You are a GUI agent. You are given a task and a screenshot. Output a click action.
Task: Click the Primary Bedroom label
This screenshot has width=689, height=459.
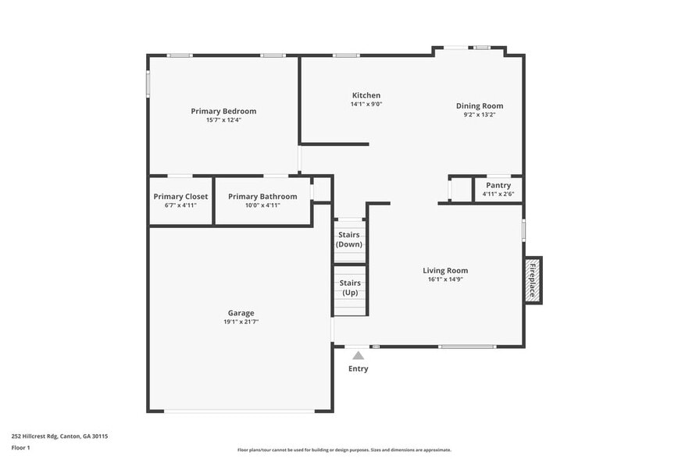pyautogui.click(x=223, y=111)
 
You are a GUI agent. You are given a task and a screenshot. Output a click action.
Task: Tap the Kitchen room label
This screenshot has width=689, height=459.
pyautogui.click(x=366, y=95)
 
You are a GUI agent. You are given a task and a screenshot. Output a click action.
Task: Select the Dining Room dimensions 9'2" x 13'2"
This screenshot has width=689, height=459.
pyautogui.click(x=480, y=115)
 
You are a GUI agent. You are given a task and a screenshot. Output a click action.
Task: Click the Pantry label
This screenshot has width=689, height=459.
pyautogui.click(x=498, y=185)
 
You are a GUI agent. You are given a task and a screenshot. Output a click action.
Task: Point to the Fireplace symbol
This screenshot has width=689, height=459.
pyautogui.click(x=533, y=280)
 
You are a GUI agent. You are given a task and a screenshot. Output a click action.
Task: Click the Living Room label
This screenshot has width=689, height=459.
pyautogui.click(x=445, y=271)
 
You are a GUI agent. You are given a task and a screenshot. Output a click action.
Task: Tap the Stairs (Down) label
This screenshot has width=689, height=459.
pyautogui.click(x=349, y=239)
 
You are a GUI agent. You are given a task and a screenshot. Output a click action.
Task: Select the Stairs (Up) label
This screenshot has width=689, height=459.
pyautogui.click(x=349, y=287)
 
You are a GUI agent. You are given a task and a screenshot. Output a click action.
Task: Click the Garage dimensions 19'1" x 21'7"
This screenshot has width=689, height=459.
pyautogui.click(x=241, y=322)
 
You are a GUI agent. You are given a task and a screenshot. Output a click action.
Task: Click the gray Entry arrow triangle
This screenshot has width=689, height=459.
pyautogui.click(x=358, y=355)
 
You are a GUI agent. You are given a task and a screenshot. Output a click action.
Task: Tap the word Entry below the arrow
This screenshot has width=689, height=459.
pyautogui.click(x=358, y=368)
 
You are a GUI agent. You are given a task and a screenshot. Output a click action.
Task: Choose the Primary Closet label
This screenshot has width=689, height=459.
pyautogui.click(x=180, y=197)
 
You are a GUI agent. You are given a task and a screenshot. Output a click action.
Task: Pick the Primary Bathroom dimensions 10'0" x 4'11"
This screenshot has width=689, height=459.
pyautogui.click(x=262, y=205)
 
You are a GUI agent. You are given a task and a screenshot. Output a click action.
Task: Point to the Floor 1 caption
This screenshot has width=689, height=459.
pyautogui.click(x=20, y=447)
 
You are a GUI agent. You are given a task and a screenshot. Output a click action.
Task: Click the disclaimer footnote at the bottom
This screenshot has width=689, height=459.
pyautogui.click(x=344, y=450)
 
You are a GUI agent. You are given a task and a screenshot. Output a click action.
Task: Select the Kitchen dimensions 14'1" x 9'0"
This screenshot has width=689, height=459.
pyautogui.click(x=366, y=104)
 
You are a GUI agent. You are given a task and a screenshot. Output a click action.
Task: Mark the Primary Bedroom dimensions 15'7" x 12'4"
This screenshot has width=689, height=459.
pyautogui.click(x=223, y=119)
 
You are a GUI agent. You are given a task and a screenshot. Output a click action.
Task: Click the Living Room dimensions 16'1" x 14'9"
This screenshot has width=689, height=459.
pyautogui.click(x=445, y=279)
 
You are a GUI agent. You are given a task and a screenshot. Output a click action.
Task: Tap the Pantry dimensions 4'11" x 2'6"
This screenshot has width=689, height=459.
pyautogui.click(x=498, y=194)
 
